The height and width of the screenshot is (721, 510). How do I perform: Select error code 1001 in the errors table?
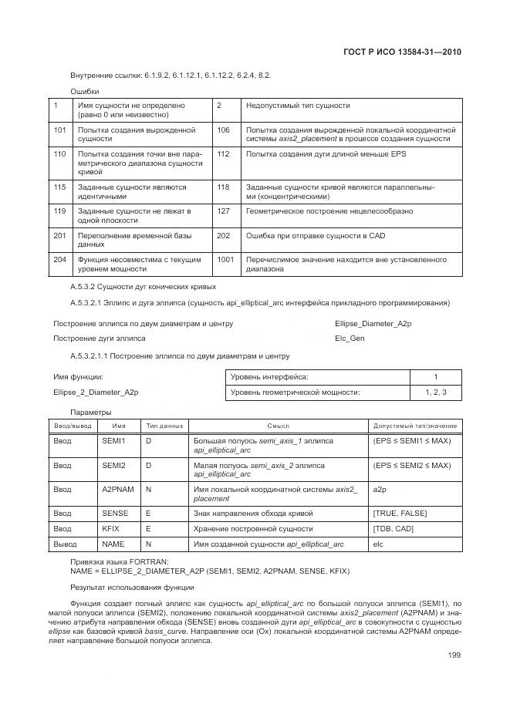(225, 260)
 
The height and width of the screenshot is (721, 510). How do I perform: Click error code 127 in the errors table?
(223, 211)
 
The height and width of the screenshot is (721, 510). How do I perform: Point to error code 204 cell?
(60, 260)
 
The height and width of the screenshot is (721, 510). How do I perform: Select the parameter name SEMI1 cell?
(113, 440)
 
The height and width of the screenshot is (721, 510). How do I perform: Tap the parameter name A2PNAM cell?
(117, 490)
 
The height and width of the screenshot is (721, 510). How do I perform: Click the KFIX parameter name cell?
(112, 529)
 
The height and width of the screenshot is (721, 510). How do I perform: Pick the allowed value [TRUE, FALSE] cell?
(399, 514)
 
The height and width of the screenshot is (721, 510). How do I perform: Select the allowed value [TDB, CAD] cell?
(394, 529)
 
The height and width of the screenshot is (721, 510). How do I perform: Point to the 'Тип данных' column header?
(164, 426)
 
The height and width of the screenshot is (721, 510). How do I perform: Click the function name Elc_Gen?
(350, 338)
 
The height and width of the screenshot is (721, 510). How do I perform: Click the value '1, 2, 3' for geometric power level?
(435, 393)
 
